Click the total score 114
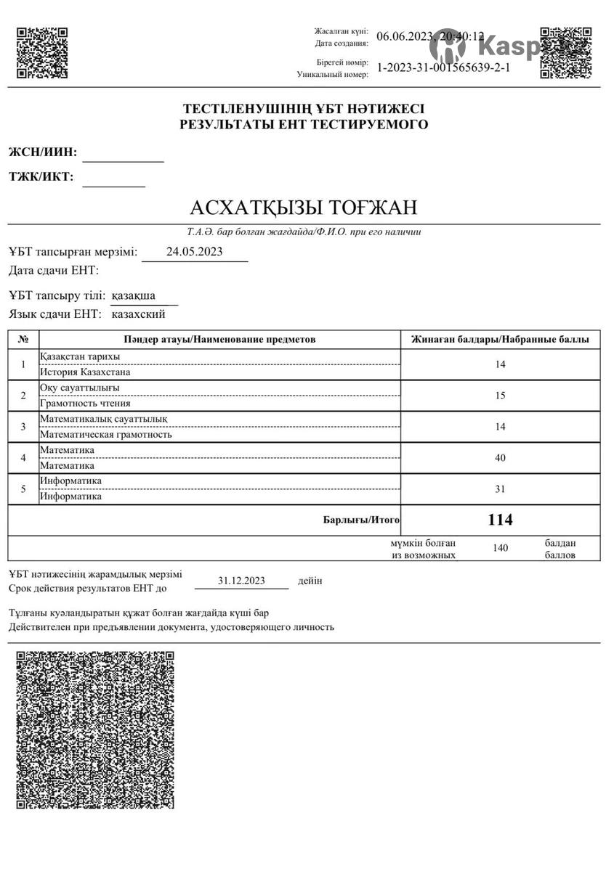coord(500,520)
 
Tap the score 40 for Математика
coord(500,458)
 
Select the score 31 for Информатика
coord(500,489)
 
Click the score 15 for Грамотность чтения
coord(500,396)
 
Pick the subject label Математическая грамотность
coord(105,435)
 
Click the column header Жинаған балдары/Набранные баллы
coord(500,340)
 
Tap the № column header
coord(23,340)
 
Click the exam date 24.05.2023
coord(195,252)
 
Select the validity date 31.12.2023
coord(242,581)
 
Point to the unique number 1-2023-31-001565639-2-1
coord(444,68)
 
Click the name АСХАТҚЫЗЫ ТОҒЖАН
coord(304,208)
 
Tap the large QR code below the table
coord(95,729)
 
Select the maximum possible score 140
coord(500,548)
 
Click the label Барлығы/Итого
coord(361,520)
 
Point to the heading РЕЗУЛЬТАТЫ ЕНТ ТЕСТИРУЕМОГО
coord(304,125)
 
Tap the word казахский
coord(138,314)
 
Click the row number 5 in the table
coord(23,489)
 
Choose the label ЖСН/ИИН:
coord(43,152)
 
